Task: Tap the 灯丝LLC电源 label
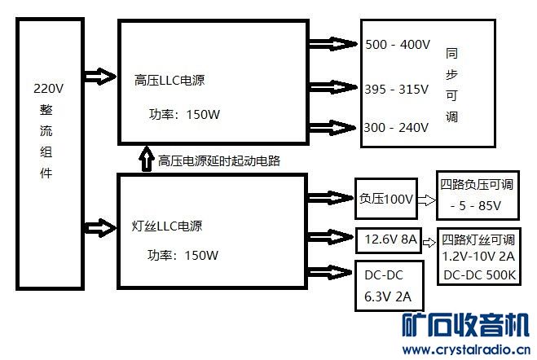[167, 225]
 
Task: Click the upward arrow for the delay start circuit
[147, 160]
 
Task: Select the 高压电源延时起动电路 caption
[219, 160]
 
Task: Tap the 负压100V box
[386, 199]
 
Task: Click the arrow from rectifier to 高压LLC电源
[100, 77]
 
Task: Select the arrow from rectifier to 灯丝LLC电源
[100, 224]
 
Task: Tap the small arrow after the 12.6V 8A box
[430, 241]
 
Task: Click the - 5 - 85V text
[475, 206]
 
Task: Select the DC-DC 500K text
[479, 274]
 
